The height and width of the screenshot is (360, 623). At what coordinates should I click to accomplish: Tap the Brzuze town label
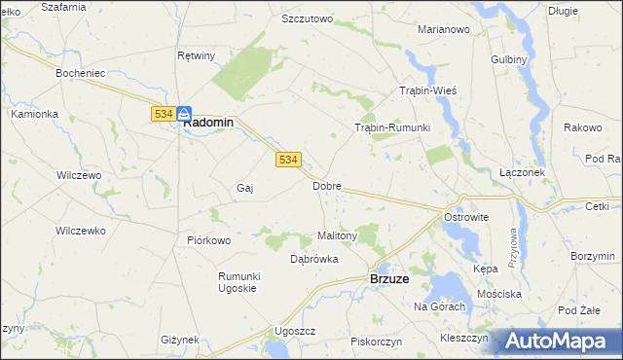point(395,278)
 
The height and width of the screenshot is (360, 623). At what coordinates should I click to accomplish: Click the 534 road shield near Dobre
point(287,160)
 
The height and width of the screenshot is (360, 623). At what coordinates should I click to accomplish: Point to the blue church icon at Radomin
point(184,113)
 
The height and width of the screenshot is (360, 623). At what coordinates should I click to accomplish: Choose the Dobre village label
point(326,185)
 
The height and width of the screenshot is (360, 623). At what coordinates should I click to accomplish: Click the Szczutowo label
point(307,18)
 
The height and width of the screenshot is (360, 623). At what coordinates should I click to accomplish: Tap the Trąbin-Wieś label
point(428,90)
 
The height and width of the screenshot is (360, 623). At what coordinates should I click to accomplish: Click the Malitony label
point(339,235)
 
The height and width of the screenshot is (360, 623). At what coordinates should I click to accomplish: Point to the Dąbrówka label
point(313,259)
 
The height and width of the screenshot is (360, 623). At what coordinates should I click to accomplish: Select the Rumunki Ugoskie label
point(237,282)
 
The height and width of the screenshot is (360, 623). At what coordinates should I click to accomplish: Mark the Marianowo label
point(444,29)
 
